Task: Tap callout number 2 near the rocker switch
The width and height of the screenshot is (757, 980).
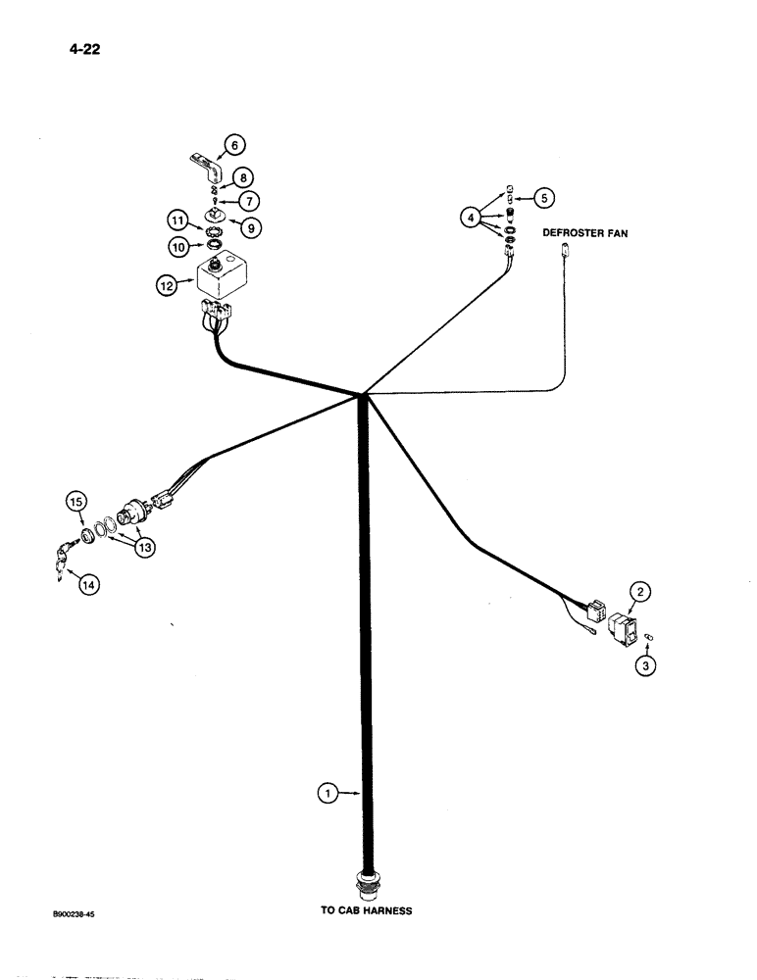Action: tap(639, 591)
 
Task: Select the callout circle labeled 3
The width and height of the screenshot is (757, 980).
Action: tap(646, 665)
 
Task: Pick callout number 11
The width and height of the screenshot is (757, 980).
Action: tap(177, 223)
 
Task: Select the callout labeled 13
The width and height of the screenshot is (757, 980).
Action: tap(145, 548)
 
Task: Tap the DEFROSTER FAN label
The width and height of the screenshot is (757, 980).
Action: tap(586, 233)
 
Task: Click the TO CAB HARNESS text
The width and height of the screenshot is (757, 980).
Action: tap(367, 910)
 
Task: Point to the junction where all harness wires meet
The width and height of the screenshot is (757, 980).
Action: tap(363, 395)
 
